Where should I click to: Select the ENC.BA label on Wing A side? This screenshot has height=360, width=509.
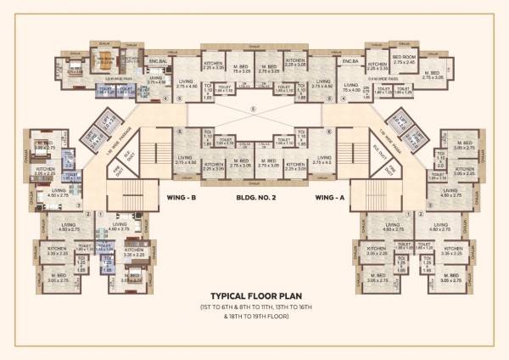point(349,62)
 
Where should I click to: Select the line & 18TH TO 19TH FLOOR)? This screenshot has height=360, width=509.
point(255,316)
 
